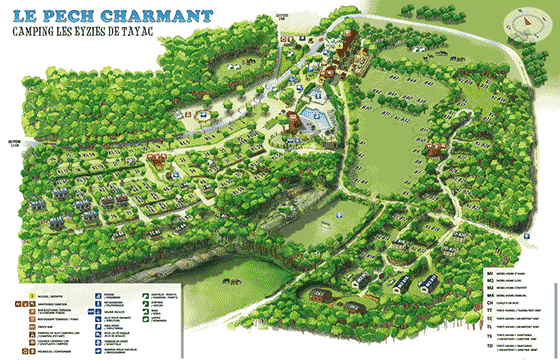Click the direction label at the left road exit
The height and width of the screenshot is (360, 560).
point(13,143)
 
